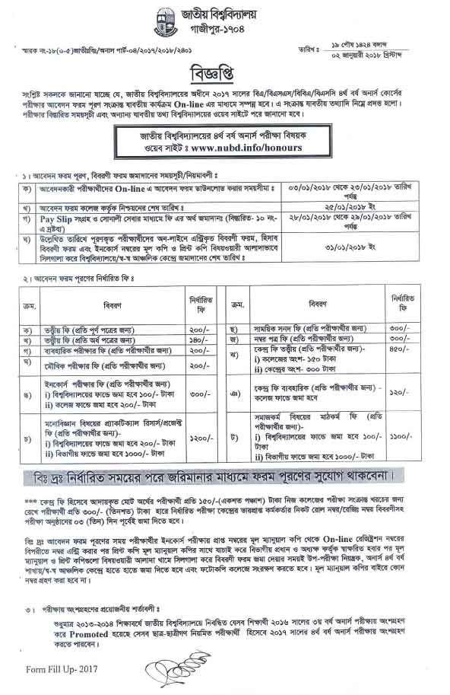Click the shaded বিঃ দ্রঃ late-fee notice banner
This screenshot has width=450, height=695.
(225, 477)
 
